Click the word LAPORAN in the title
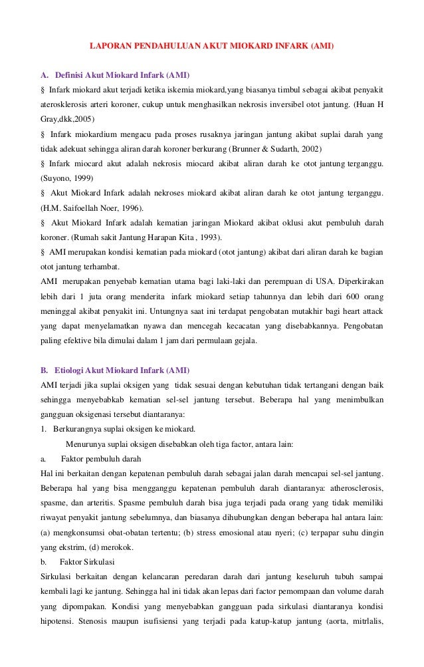coord(110,47)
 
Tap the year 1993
coord(209,238)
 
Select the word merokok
coord(119,547)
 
